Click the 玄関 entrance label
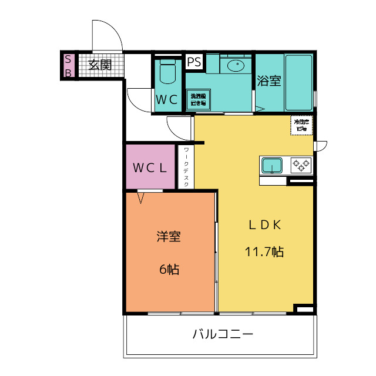pos(100,65)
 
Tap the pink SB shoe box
pos(68,66)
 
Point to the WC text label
pos(167,100)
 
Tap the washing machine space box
pos(199,99)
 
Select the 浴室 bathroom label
pos(269,81)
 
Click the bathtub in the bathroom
pos(300,82)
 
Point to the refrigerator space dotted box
pos(302,125)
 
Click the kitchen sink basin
pos(272,166)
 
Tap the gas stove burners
pos(301,165)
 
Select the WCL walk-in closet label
pos(150,167)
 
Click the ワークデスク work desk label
pos(186,167)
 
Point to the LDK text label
pos(264,224)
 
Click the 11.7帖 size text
pos(264,252)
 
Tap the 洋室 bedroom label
pos(168,237)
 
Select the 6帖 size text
pos(169,270)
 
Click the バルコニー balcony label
pos(223,335)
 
